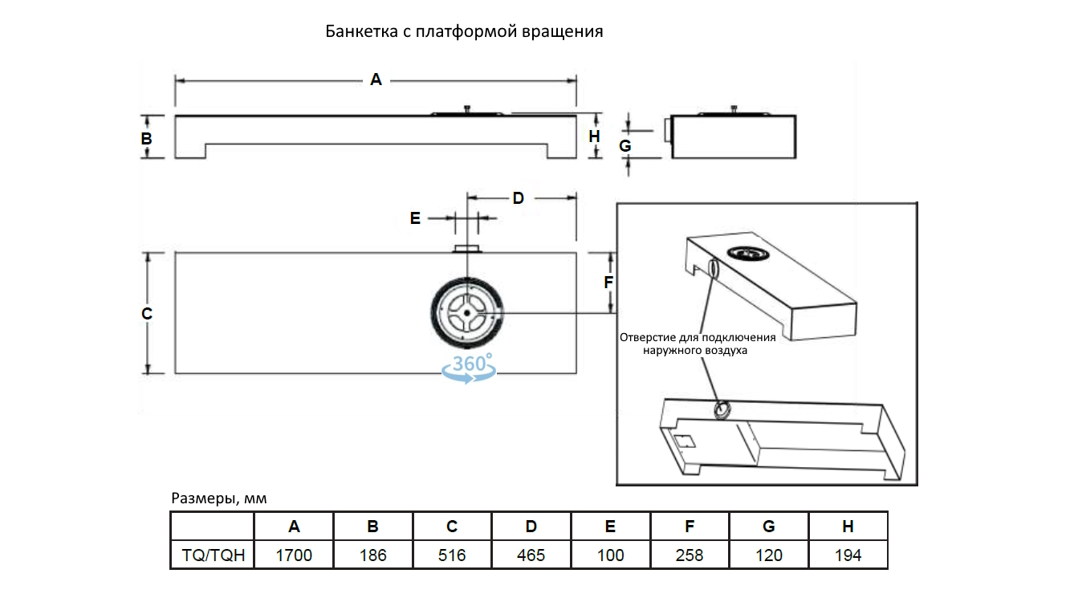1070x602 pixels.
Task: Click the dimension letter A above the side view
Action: (x=376, y=79)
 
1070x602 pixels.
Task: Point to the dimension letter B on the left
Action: (x=147, y=139)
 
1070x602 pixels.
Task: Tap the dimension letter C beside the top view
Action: (x=147, y=313)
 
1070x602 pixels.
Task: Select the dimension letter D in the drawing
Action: (x=519, y=197)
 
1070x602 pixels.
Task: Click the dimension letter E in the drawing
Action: (x=415, y=218)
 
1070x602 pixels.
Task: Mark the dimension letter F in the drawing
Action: (x=608, y=283)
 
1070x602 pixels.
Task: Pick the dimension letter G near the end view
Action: (x=625, y=146)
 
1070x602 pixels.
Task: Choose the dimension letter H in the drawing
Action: (x=594, y=136)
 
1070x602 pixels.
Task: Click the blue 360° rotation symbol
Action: (x=469, y=368)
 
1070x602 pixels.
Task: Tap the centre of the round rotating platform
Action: (x=466, y=313)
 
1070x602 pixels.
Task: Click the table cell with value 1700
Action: (x=294, y=555)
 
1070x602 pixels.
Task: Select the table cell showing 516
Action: (x=452, y=555)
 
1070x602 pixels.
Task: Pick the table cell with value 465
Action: (x=531, y=555)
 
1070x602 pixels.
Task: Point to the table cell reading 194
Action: (x=848, y=555)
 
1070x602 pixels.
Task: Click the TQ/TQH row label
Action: (x=213, y=555)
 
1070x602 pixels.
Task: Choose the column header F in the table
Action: (x=690, y=527)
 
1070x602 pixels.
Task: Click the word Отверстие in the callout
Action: (x=648, y=337)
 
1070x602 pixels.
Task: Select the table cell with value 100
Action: (x=611, y=555)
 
